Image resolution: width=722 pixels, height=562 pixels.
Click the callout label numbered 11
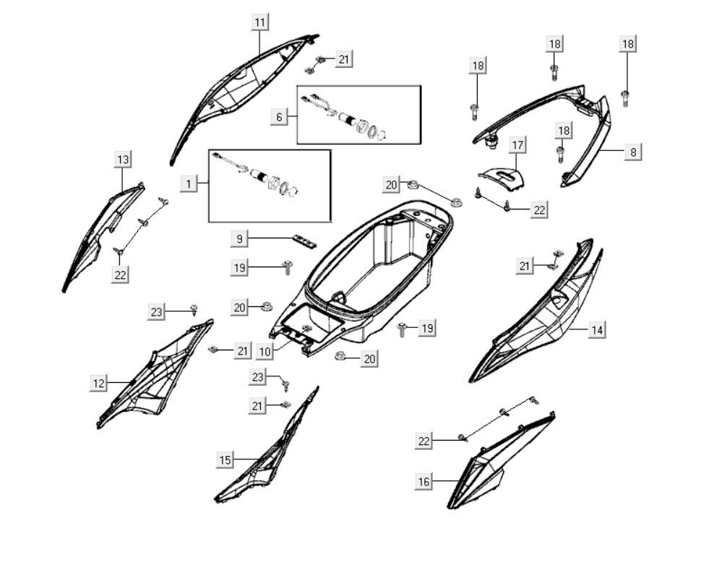pyautogui.click(x=259, y=22)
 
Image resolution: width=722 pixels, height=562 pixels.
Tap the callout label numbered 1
pyautogui.click(x=189, y=184)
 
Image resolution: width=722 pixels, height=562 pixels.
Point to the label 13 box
pyautogui.click(x=123, y=159)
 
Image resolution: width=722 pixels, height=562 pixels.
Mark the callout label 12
pyautogui.click(x=98, y=383)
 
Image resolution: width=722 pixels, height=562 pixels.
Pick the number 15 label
pyautogui.click(x=225, y=459)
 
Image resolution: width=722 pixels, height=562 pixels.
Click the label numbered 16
pyautogui.click(x=424, y=481)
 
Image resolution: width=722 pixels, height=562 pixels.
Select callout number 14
pyautogui.click(x=596, y=330)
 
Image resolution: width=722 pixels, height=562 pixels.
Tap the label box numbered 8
pyautogui.click(x=632, y=152)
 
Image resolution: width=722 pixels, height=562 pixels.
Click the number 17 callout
pyautogui.click(x=517, y=144)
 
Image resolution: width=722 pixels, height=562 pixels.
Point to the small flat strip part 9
pyautogui.click(x=304, y=241)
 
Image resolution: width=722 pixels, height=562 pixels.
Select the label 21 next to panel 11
pyautogui.click(x=344, y=59)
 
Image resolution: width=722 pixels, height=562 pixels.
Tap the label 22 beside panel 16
pyautogui.click(x=424, y=441)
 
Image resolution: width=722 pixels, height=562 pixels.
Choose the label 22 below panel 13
pyautogui.click(x=121, y=274)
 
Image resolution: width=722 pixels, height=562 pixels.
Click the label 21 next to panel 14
pyautogui.click(x=525, y=267)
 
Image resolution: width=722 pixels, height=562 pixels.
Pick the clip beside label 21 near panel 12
pyautogui.click(x=213, y=350)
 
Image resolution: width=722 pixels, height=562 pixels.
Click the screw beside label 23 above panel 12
pyautogui.click(x=194, y=310)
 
